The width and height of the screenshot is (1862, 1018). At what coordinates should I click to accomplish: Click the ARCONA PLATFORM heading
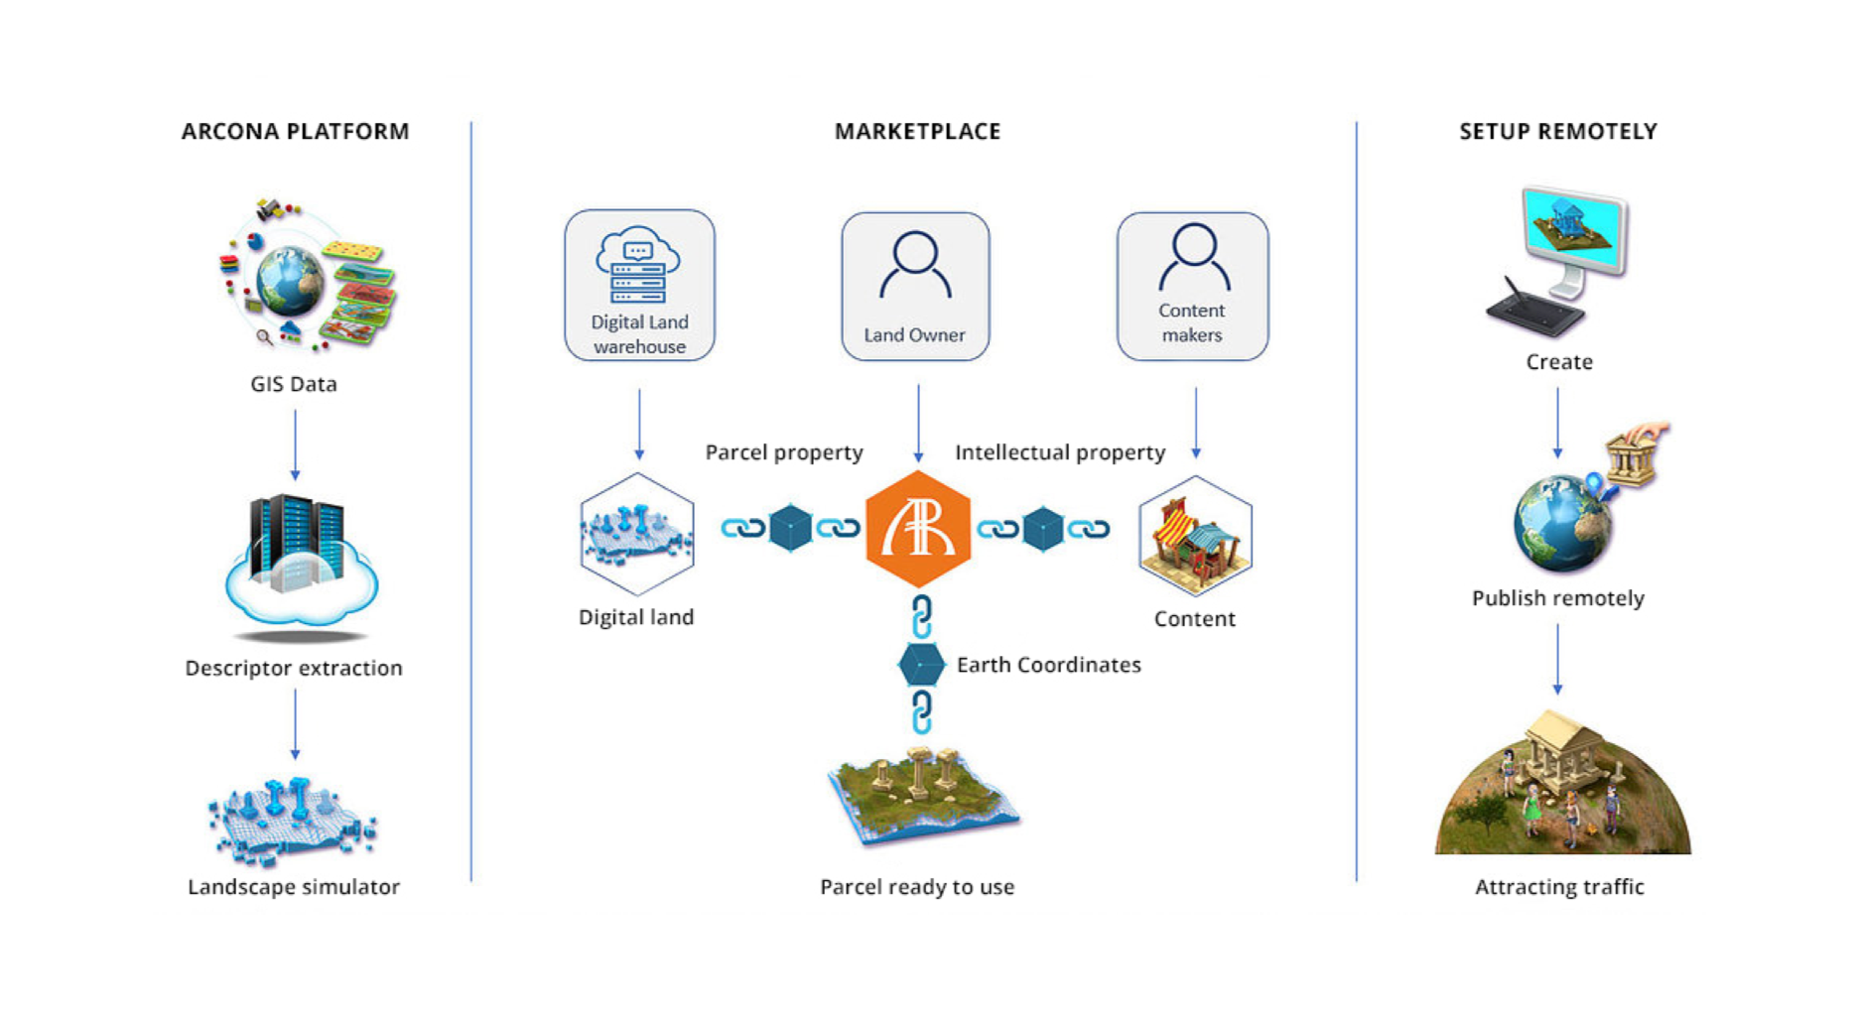295,131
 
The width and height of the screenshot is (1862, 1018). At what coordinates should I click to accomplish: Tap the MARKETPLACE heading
917,131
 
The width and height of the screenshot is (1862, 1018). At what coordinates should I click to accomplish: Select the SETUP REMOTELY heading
1557,131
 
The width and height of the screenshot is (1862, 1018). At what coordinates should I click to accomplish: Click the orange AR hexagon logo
918,529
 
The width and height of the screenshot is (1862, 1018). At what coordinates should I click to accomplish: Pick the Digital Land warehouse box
639,286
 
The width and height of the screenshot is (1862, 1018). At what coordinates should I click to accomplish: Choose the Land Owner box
915,287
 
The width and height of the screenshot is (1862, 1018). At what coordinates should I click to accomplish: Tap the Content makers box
1192,287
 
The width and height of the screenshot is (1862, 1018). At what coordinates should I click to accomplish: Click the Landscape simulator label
294,887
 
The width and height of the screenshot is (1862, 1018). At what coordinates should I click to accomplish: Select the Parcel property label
784,452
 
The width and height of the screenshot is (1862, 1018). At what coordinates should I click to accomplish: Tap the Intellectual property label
1060,452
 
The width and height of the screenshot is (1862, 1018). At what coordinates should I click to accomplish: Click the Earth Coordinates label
1048,665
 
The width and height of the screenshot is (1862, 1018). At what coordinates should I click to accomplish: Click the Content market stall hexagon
1195,536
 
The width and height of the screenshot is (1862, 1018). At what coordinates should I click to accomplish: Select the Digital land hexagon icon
636,534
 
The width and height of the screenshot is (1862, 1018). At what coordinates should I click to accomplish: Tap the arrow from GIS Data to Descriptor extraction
295,445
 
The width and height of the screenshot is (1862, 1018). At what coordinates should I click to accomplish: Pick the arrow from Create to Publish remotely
1557,423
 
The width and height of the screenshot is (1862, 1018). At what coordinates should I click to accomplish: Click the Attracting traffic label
1559,887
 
